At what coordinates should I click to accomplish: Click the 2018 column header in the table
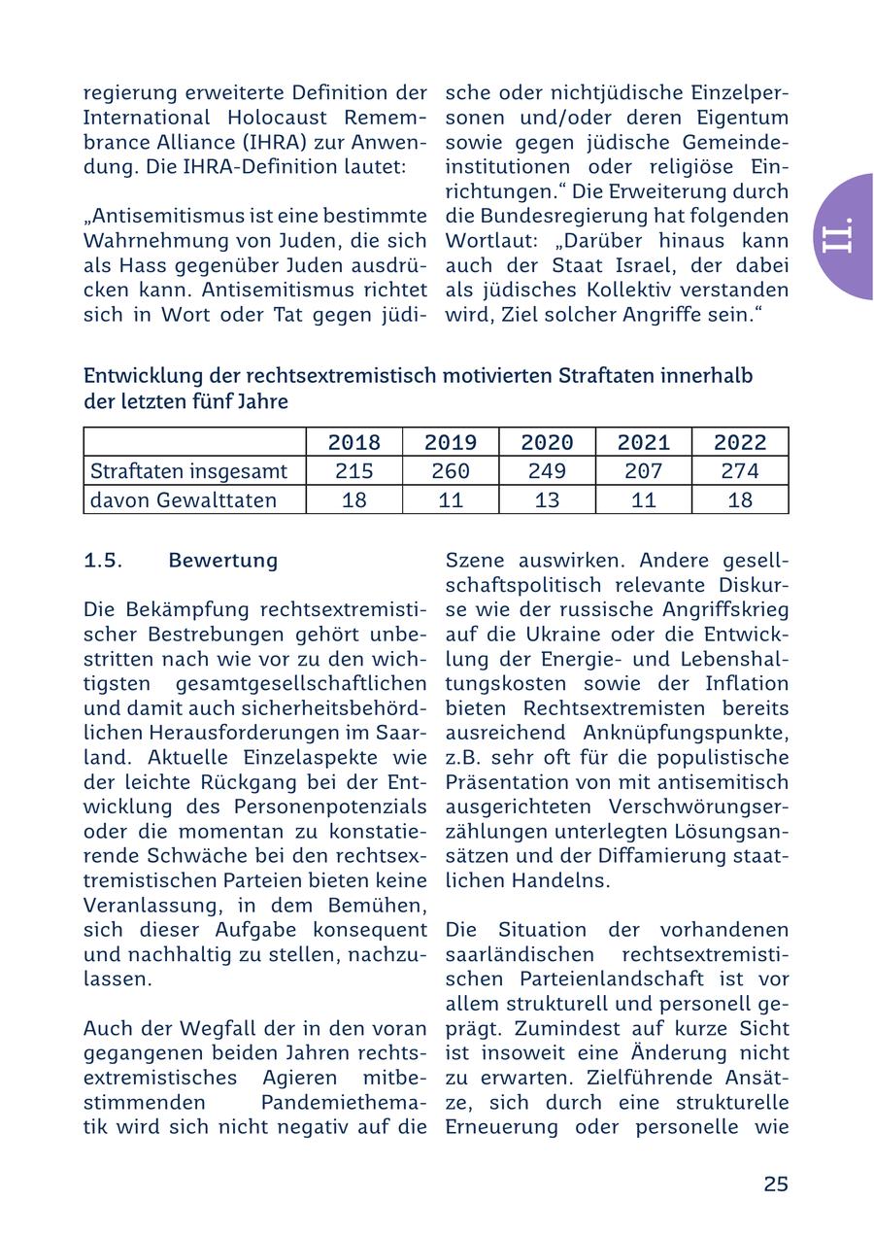tap(353, 443)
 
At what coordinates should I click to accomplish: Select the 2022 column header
tap(740, 443)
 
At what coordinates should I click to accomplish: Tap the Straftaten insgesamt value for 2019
tap(451, 471)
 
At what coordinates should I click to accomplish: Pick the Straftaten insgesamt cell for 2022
tap(740, 471)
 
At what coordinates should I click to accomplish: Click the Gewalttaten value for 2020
tap(547, 500)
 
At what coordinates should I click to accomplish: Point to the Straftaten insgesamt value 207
tap(644, 471)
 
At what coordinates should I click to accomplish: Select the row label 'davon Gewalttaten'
tap(184, 500)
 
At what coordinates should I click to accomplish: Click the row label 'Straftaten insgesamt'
tap(188, 471)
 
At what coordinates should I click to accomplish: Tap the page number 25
tap(775, 1184)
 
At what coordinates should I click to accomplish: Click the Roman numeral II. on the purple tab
tap(837, 236)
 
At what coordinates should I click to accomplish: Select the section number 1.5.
tap(103, 561)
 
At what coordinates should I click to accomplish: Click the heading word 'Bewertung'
tap(222, 561)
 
